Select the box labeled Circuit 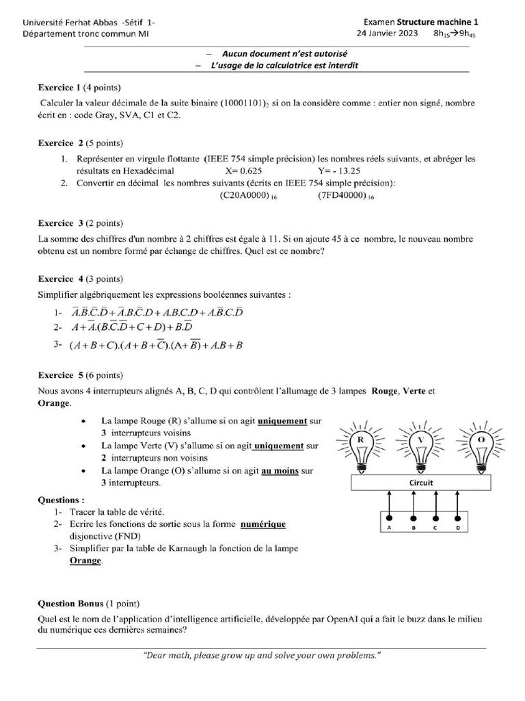(421, 483)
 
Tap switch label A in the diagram (389, 528)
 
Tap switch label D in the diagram (457, 528)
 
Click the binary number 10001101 (247, 103)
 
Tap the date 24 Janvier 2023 (388, 33)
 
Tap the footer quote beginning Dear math (262, 655)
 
